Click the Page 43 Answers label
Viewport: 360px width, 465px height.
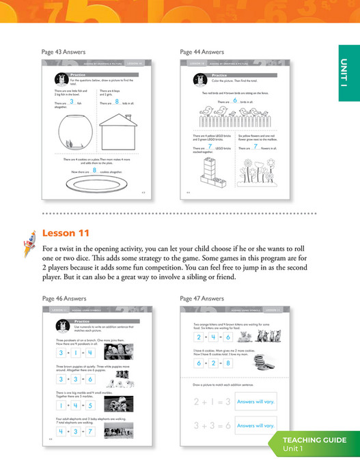65,52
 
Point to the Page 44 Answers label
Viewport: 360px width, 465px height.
202,52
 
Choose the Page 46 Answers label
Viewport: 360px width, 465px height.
65,298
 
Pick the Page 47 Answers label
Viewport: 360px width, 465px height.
202,298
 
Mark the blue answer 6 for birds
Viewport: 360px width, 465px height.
234,102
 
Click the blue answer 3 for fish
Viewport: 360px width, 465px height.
71,102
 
